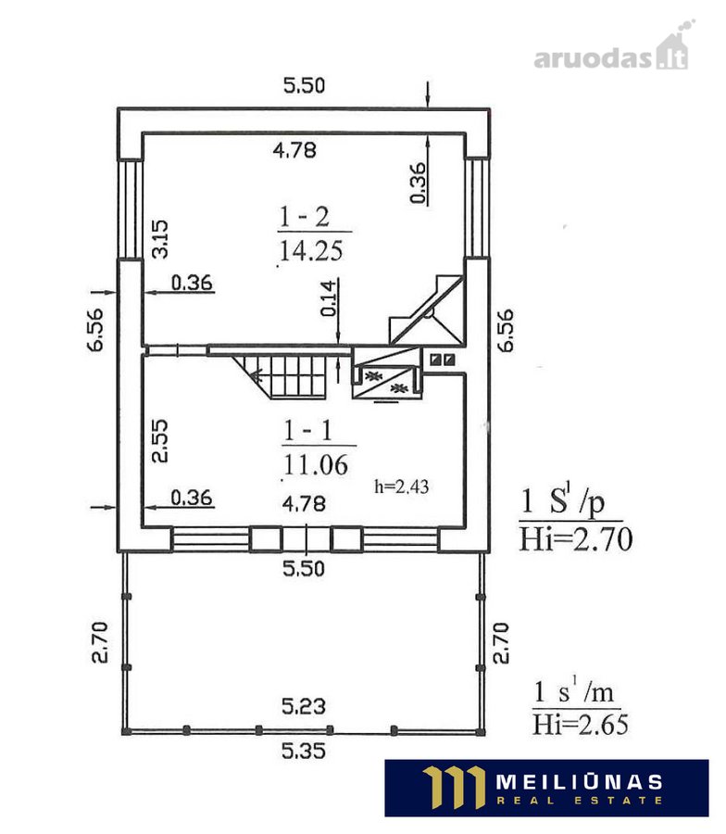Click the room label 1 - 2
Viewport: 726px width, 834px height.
click(305, 217)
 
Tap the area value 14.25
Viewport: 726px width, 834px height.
click(311, 250)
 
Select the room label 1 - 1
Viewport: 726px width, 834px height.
click(308, 430)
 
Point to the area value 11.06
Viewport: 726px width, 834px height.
click(316, 465)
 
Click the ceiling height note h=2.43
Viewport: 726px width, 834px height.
click(401, 486)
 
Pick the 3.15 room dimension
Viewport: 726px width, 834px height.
click(160, 239)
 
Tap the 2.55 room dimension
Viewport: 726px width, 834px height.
click(160, 441)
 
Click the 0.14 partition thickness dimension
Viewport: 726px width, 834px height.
click(329, 297)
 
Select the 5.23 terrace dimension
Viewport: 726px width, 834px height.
click(304, 706)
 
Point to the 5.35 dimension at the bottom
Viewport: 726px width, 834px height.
click(304, 751)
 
